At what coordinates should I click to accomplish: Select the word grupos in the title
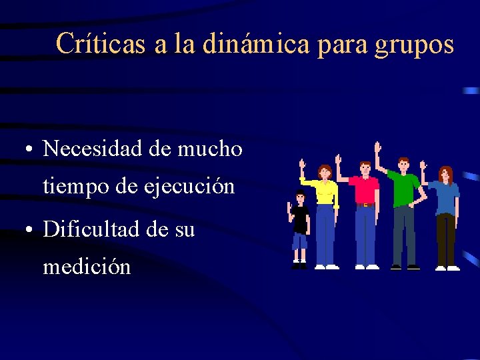coord(414,45)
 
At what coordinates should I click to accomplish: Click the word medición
coord(87,267)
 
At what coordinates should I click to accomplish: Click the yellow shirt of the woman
coord(325,191)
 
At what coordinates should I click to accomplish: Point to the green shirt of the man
coord(405,189)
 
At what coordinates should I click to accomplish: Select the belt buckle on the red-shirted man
coord(365,205)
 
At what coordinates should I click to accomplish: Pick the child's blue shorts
coord(300,241)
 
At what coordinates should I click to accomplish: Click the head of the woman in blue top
coord(445,175)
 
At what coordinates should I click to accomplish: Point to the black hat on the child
coord(301,193)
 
